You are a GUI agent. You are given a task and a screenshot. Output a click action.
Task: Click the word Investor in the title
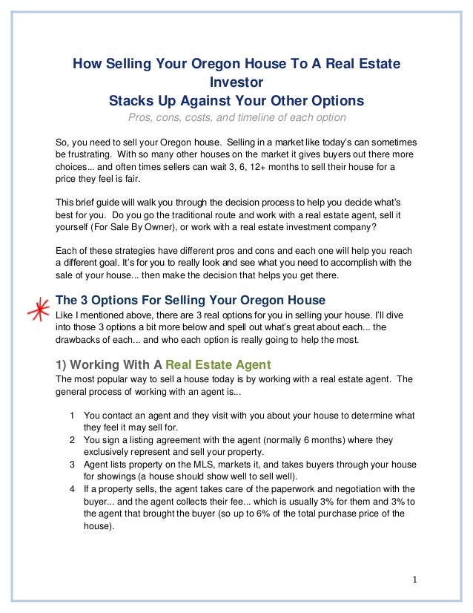click(236, 82)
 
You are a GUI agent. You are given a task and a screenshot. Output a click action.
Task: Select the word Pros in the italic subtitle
click(142, 118)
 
